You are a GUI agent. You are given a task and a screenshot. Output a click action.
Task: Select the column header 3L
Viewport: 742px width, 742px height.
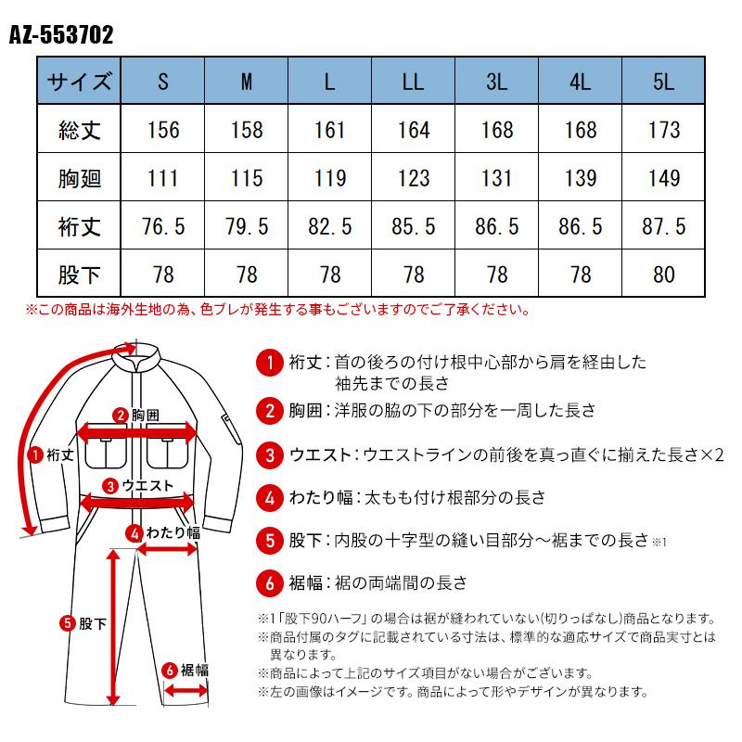click(496, 82)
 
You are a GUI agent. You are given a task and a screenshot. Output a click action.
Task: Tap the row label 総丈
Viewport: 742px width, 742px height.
click(79, 130)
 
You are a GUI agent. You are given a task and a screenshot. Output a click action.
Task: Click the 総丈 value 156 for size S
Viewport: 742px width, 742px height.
click(163, 130)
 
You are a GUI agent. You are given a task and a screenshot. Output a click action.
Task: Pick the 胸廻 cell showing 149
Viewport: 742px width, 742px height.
click(663, 178)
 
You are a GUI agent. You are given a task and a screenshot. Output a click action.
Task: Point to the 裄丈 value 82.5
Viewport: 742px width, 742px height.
click(330, 226)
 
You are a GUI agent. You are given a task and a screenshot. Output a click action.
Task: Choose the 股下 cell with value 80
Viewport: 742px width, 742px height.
click(663, 275)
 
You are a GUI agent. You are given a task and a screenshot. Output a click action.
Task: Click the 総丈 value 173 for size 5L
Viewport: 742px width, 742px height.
click(663, 130)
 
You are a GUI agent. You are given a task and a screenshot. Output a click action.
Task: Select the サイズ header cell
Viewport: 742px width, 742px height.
click(79, 82)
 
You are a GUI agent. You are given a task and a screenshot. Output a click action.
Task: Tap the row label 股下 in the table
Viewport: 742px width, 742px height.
click(79, 275)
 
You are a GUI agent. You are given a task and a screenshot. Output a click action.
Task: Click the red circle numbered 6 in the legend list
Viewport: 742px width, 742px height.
click(267, 583)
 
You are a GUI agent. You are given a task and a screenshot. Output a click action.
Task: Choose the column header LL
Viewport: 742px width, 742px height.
click(413, 82)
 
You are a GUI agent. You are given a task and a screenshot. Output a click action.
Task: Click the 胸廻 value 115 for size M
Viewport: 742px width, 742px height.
click(247, 178)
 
